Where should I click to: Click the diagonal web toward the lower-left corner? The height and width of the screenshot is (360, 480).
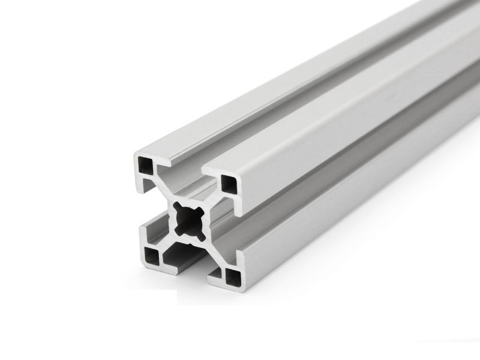(169, 239)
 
